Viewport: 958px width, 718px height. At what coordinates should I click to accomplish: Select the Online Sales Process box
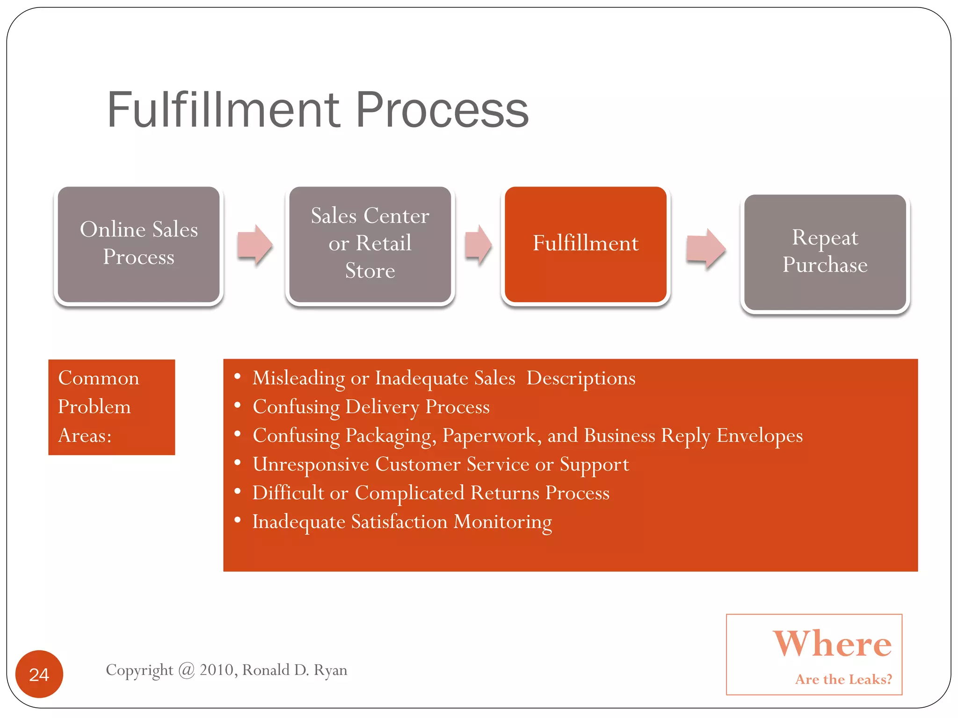tap(138, 244)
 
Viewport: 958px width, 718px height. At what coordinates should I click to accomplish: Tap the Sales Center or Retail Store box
tap(370, 244)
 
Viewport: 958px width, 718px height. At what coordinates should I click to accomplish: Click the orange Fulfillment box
tap(585, 244)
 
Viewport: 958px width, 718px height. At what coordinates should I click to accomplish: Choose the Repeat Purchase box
tap(825, 252)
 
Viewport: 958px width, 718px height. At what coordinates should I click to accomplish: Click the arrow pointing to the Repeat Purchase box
tap(705, 248)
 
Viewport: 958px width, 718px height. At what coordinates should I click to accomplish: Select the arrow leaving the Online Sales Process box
tap(254, 244)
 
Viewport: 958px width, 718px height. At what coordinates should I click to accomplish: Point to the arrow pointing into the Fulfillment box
tap(478, 244)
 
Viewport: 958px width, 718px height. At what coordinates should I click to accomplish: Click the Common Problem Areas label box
tap(111, 407)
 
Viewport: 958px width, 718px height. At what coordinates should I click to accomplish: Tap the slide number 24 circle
tap(39, 674)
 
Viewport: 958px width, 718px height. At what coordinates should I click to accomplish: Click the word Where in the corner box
tap(832, 644)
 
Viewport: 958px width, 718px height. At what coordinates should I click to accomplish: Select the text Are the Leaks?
tap(843, 679)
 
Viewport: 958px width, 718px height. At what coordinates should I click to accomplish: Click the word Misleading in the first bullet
tap(298, 378)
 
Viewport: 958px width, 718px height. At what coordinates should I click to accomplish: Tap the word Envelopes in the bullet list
tap(759, 435)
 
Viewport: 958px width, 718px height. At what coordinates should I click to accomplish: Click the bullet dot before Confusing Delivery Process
tap(238, 405)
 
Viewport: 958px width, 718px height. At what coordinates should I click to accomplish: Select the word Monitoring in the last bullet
tap(502, 522)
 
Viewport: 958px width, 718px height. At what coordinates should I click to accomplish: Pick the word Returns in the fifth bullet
tap(505, 493)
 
